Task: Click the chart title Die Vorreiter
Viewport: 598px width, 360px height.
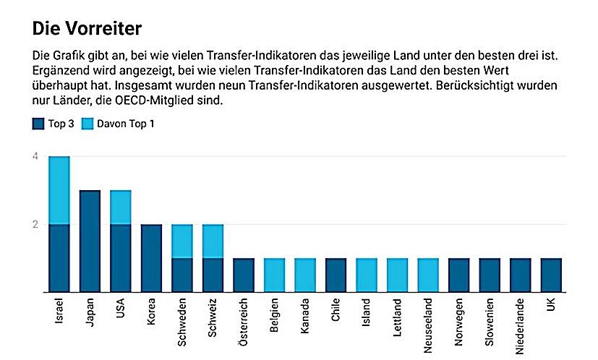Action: point(87,29)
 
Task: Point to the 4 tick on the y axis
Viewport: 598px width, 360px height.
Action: point(35,156)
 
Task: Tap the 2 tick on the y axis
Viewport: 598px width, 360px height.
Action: point(35,224)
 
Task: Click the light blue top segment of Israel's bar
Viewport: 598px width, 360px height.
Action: point(59,190)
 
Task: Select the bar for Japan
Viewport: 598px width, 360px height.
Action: point(90,241)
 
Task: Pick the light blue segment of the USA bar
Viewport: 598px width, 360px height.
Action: point(120,207)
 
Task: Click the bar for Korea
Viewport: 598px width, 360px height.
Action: point(151,258)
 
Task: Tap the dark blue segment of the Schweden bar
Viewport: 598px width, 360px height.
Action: point(181,275)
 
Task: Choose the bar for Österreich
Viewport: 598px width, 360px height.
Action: point(244,275)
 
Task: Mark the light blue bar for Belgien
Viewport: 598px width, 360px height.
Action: point(274,275)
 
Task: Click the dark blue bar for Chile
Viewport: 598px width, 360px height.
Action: point(336,275)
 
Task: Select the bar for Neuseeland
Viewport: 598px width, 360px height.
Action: point(428,275)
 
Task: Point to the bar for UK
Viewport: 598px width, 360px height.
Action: point(551,275)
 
